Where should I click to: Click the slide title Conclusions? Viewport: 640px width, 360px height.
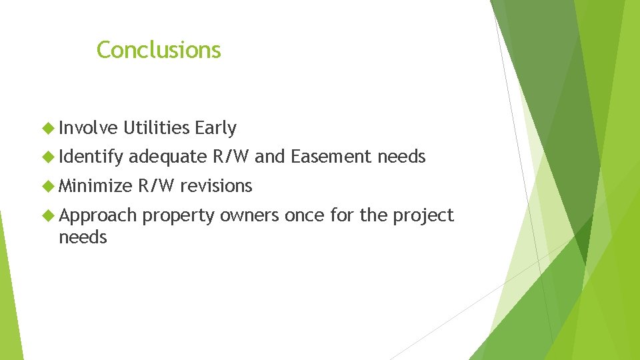coord(159,50)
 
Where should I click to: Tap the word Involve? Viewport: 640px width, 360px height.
coord(88,127)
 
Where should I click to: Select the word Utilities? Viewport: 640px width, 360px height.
coord(157,127)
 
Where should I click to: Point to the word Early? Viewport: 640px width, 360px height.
coord(216,127)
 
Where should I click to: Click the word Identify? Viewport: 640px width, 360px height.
coord(91,157)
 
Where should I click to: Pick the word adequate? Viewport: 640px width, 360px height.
coord(168,157)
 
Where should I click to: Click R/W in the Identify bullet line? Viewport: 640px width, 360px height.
coord(231,157)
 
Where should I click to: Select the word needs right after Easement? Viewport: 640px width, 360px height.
coord(401,157)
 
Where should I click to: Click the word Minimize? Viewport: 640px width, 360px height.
coord(95,186)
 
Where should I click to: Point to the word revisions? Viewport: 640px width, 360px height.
coord(216,186)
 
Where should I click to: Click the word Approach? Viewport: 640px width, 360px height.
coord(97,215)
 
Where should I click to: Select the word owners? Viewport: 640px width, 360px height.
coord(249,215)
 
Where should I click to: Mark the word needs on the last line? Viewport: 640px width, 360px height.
coord(83,237)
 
